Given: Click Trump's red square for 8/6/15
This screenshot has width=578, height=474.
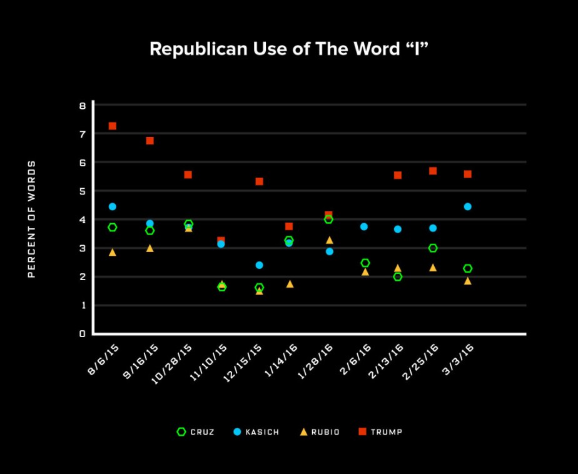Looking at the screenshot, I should pyautogui.click(x=113, y=126).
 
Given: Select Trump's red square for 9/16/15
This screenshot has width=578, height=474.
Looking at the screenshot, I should pyautogui.click(x=150, y=141).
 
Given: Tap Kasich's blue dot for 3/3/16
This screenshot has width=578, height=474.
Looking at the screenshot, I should pyautogui.click(x=467, y=206).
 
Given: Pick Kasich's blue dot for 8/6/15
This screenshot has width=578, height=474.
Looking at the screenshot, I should pyautogui.click(x=113, y=206).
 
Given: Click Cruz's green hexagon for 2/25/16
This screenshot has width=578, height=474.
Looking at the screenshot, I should pyautogui.click(x=432, y=248).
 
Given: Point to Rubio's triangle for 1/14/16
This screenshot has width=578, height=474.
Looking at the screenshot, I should pyautogui.click(x=290, y=284).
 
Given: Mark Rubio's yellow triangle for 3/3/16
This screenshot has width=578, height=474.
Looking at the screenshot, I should pyautogui.click(x=467, y=281).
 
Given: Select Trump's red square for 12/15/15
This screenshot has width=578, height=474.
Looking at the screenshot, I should pyautogui.click(x=260, y=181).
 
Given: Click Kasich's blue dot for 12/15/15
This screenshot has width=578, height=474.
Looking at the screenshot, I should pyautogui.click(x=260, y=265).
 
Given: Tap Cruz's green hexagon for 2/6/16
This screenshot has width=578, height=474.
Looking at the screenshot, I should pyautogui.click(x=365, y=263).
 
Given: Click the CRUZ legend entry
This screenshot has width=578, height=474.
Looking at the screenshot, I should pyautogui.click(x=196, y=431).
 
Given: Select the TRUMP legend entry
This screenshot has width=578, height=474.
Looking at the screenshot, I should pyautogui.click(x=380, y=431).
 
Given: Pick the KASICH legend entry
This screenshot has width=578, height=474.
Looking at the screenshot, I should pyautogui.click(x=256, y=431).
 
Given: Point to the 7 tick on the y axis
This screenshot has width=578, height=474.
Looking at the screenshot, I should pyautogui.click(x=82, y=134).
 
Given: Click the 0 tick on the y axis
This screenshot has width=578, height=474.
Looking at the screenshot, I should pyautogui.click(x=82, y=334).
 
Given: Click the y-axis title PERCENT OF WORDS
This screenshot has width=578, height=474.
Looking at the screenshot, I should pyautogui.click(x=32, y=219).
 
